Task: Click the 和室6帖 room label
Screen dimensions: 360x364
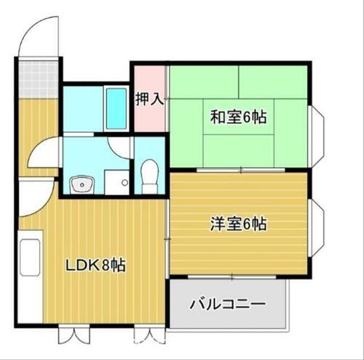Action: tap(238, 117)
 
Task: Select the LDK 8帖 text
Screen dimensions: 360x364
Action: tap(96, 265)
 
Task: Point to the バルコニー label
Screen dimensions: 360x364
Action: tap(227, 303)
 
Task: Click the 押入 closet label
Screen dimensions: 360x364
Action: tap(149, 99)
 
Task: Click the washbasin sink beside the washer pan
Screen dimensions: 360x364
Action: tap(82, 183)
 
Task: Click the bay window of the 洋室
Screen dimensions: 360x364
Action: tap(317, 227)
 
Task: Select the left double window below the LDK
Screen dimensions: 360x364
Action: tap(74, 336)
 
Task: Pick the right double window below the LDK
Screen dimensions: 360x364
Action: tap(146, 336)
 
